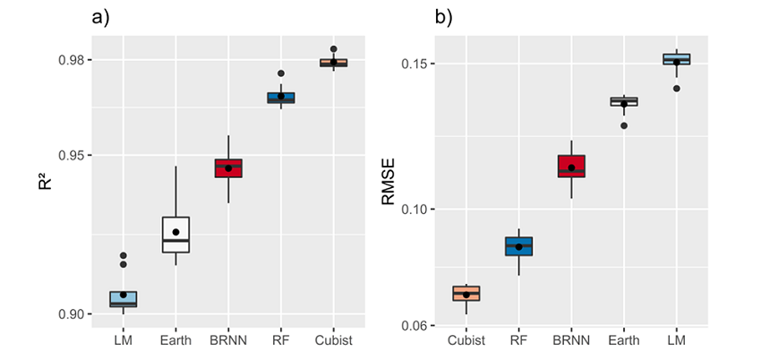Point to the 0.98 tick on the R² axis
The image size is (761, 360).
tap(70, 60)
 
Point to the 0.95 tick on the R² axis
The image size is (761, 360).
tap(70, 155)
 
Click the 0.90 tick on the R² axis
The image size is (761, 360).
tap(70, 313)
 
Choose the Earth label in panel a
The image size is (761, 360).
tap(175, 340)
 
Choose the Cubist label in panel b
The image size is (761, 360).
tap(466, 340)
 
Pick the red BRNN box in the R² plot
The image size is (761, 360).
tap(228, 168)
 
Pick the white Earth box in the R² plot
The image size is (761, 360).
tap(175, 235)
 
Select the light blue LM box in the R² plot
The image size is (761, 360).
tap(124, 299)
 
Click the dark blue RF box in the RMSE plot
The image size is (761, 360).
tap(518, 246)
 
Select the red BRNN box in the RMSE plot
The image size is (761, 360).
tap(571, 166)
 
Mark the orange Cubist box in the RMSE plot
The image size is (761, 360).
tap(466, 293)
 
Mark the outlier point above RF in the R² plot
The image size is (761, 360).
tap(281, 73)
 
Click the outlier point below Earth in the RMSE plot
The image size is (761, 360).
tap(624, 125)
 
